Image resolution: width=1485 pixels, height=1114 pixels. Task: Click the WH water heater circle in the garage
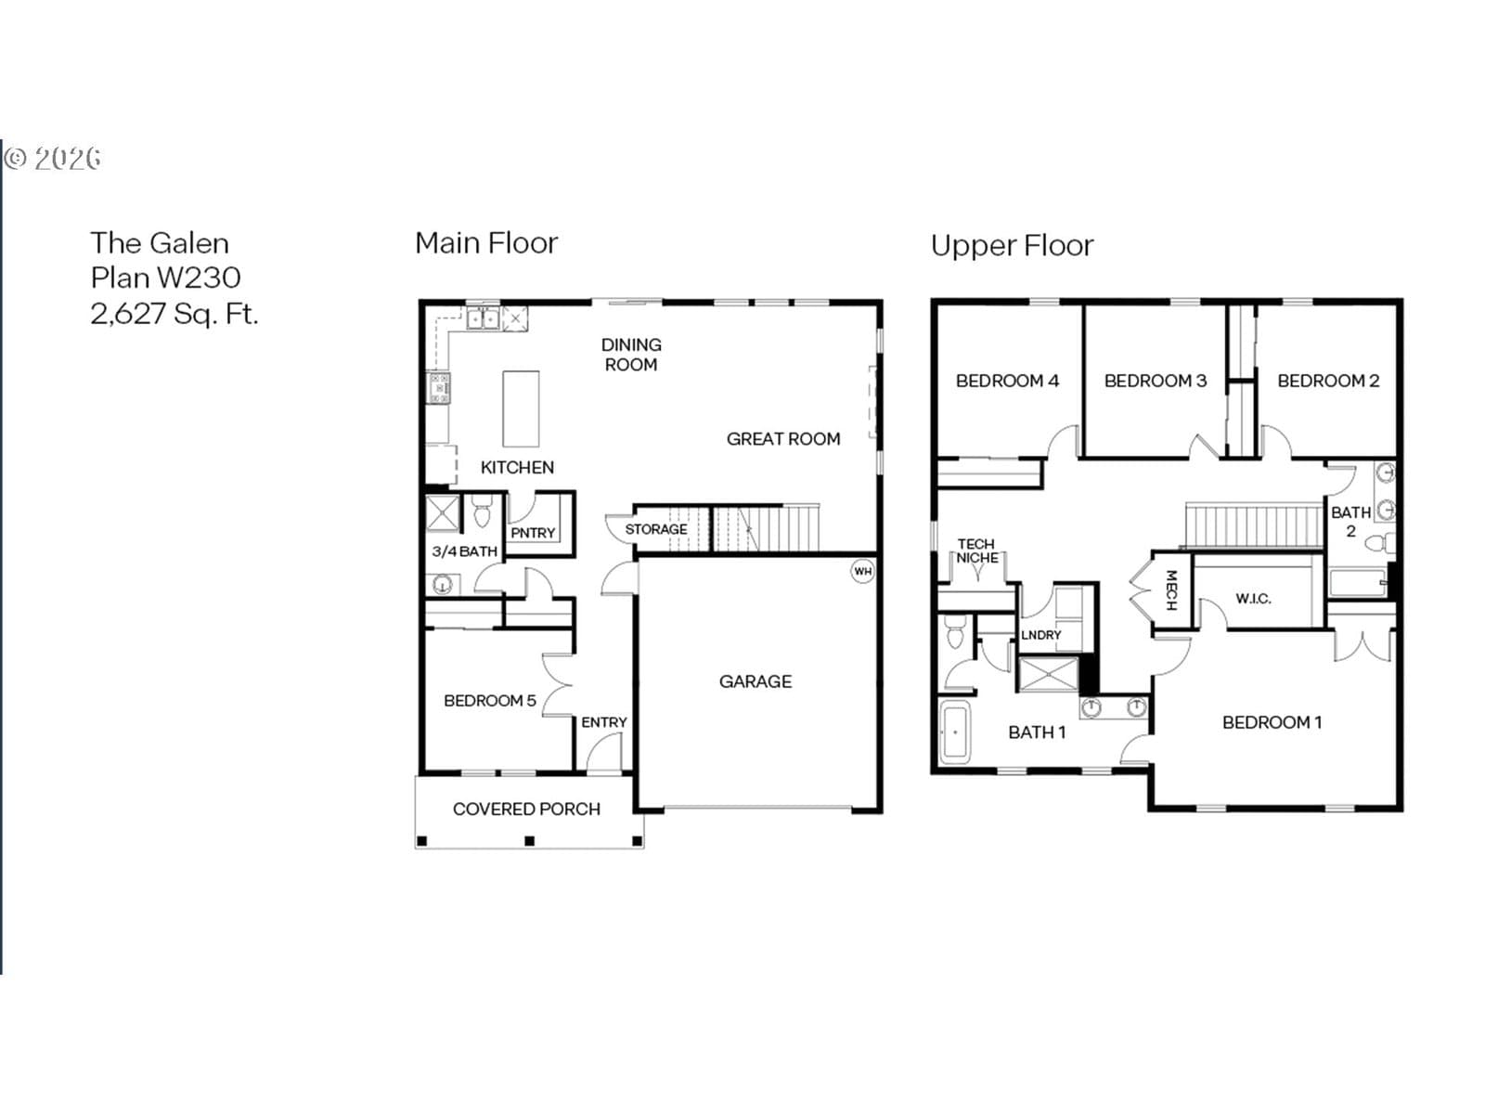pyautogui.click(x=862, y=571)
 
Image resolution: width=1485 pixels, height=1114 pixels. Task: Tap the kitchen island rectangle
pyautogui.click(x=521, y=408)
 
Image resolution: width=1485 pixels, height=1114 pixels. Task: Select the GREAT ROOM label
pyautogui.click(x=782, y=439)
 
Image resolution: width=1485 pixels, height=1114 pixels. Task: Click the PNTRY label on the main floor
pyautogui.click(x=533, y=533)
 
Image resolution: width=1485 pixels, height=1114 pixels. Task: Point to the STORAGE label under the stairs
pyautogui.click(x=655, y=529)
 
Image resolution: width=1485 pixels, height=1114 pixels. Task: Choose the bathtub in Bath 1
pyautogui.click(x=955, y=732)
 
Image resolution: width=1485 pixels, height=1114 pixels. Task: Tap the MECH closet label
pyautogui.click(x=1171, y=589)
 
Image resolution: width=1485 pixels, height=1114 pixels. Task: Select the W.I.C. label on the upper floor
pyautogui.click(x=1253, y=599)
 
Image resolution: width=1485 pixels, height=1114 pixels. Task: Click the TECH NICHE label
pyautogui.click(x=976, y=551)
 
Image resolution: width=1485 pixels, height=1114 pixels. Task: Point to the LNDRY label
pyautogui.click(x=1040, y=635)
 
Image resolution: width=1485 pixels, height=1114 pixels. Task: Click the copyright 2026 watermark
pyautogui.click(x=53, y=158)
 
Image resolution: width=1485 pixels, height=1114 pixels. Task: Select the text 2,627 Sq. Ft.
pyautogui.click(x=174, y=314)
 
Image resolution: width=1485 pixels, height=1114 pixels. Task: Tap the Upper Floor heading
pyautogui.click(x=1012, y=245)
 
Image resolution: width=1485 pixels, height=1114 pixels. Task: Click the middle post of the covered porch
pyautogui.click(x=530, y=841)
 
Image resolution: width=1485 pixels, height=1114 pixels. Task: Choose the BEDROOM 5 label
pyautogui.click(x=490, y=701)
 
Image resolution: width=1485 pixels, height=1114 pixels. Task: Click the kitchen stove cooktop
pyautogui.click(x=438, y=387)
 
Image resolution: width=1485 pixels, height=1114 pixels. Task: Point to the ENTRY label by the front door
pyautogui.click(x=603, y=722)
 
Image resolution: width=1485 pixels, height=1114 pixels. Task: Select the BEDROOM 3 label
pyautogui.click(x=1155, y=381)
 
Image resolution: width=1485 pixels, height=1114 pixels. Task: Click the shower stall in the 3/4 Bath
pyautogui.click(x=443, y=513)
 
